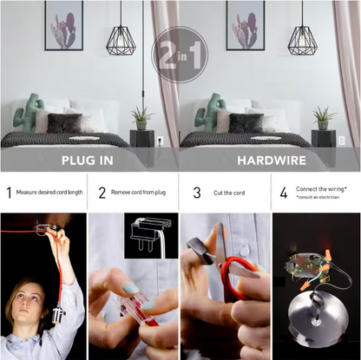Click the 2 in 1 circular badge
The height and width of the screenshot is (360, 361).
pyautogui.click(x=180, y=55)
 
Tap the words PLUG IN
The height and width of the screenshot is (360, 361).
pyautogui.click(x=88, y=160)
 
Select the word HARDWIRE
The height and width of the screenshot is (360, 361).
pyautogui.click(x=272, y=160)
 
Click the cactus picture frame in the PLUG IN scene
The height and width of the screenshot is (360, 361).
pyautogui.click(x=64, y=25)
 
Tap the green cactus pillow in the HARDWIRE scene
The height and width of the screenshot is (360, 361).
pyautogui.click(x=207, y=112)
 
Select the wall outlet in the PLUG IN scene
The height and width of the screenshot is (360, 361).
pyautogui.click(x=160, y=141)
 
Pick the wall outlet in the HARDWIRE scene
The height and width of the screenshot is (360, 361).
pyautogui.click(x=342, y=141)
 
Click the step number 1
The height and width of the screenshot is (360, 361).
pyautogui.click(x=10, y=193)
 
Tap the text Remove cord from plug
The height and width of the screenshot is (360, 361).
pyautogui.click(x=138, y=193)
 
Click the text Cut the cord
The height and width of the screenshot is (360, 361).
pyautogui.click(x=229, y=193)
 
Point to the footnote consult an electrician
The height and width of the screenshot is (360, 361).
pyautogui.click(x=318, y=197)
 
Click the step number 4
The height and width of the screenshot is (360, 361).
pyautogui.click(x=284, y=193)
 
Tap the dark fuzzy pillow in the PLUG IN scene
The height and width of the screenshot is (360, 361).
pyautogui.click(x=65, y=123)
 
